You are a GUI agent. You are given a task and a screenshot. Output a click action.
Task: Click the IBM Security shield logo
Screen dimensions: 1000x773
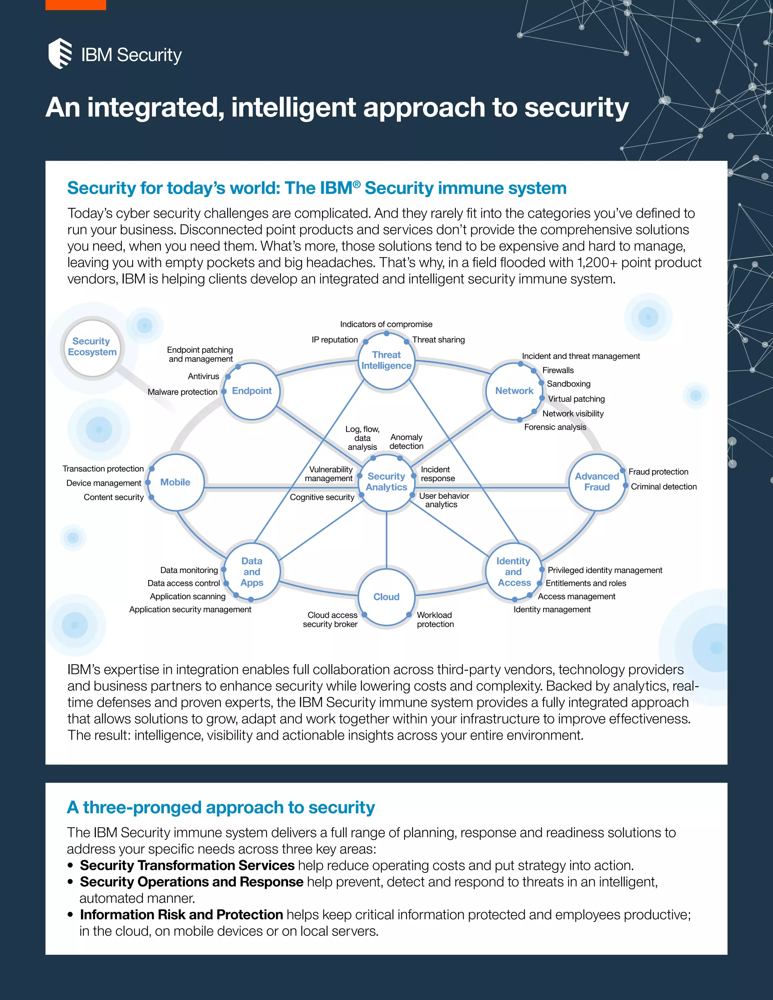(60, 54)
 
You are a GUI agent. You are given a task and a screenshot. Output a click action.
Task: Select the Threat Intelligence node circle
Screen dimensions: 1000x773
(386, 360)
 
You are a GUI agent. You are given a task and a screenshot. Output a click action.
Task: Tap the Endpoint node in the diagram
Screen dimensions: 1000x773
(251, 391)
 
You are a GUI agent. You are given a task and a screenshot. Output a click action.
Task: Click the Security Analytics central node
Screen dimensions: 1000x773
(386, 482)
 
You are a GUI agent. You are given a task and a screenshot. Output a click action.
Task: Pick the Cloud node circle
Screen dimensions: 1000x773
(386, 597)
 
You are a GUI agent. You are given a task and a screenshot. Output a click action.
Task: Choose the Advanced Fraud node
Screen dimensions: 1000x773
(597, 482)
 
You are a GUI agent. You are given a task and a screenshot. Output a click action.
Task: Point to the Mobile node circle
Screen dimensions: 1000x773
(176, 482)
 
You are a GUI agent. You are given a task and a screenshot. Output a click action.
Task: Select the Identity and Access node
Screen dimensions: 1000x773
(514, 572)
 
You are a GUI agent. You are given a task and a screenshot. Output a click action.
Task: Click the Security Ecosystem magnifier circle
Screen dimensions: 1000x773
(92, 347)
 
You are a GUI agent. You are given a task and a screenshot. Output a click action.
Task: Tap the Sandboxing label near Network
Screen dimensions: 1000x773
(568, 384)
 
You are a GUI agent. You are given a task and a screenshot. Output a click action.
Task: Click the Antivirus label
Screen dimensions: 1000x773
(203, 376)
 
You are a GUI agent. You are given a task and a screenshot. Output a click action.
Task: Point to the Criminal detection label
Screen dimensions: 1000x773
(664, 487)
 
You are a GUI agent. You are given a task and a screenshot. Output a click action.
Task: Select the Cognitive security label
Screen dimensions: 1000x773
(322, 497)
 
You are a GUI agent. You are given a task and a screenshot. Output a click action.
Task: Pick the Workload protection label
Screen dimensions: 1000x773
(435, 620)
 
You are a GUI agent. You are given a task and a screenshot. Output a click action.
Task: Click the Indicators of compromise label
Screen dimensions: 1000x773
(386, 324)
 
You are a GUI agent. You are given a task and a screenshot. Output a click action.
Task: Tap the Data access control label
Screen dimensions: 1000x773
(184, 583)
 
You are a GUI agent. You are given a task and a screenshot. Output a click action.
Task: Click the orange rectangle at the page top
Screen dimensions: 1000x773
(75, 5)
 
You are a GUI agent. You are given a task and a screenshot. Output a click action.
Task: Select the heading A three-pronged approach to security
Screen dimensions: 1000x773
(221, 808)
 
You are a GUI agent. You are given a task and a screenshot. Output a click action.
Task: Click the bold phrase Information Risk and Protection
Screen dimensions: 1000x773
(181, 914)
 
